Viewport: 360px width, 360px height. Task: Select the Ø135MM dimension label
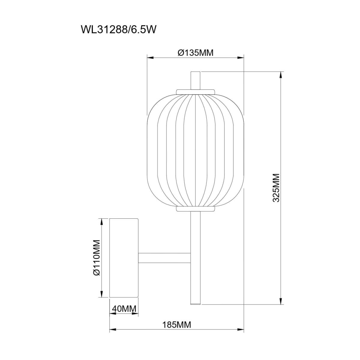point(195,53)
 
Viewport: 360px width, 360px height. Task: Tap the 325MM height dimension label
point(276,188)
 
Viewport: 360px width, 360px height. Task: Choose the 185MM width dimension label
point(177,330)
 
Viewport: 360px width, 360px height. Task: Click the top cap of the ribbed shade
point(195,92)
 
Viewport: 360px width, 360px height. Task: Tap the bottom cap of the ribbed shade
point(195,209)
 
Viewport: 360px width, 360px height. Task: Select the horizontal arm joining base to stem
point(164,258)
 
